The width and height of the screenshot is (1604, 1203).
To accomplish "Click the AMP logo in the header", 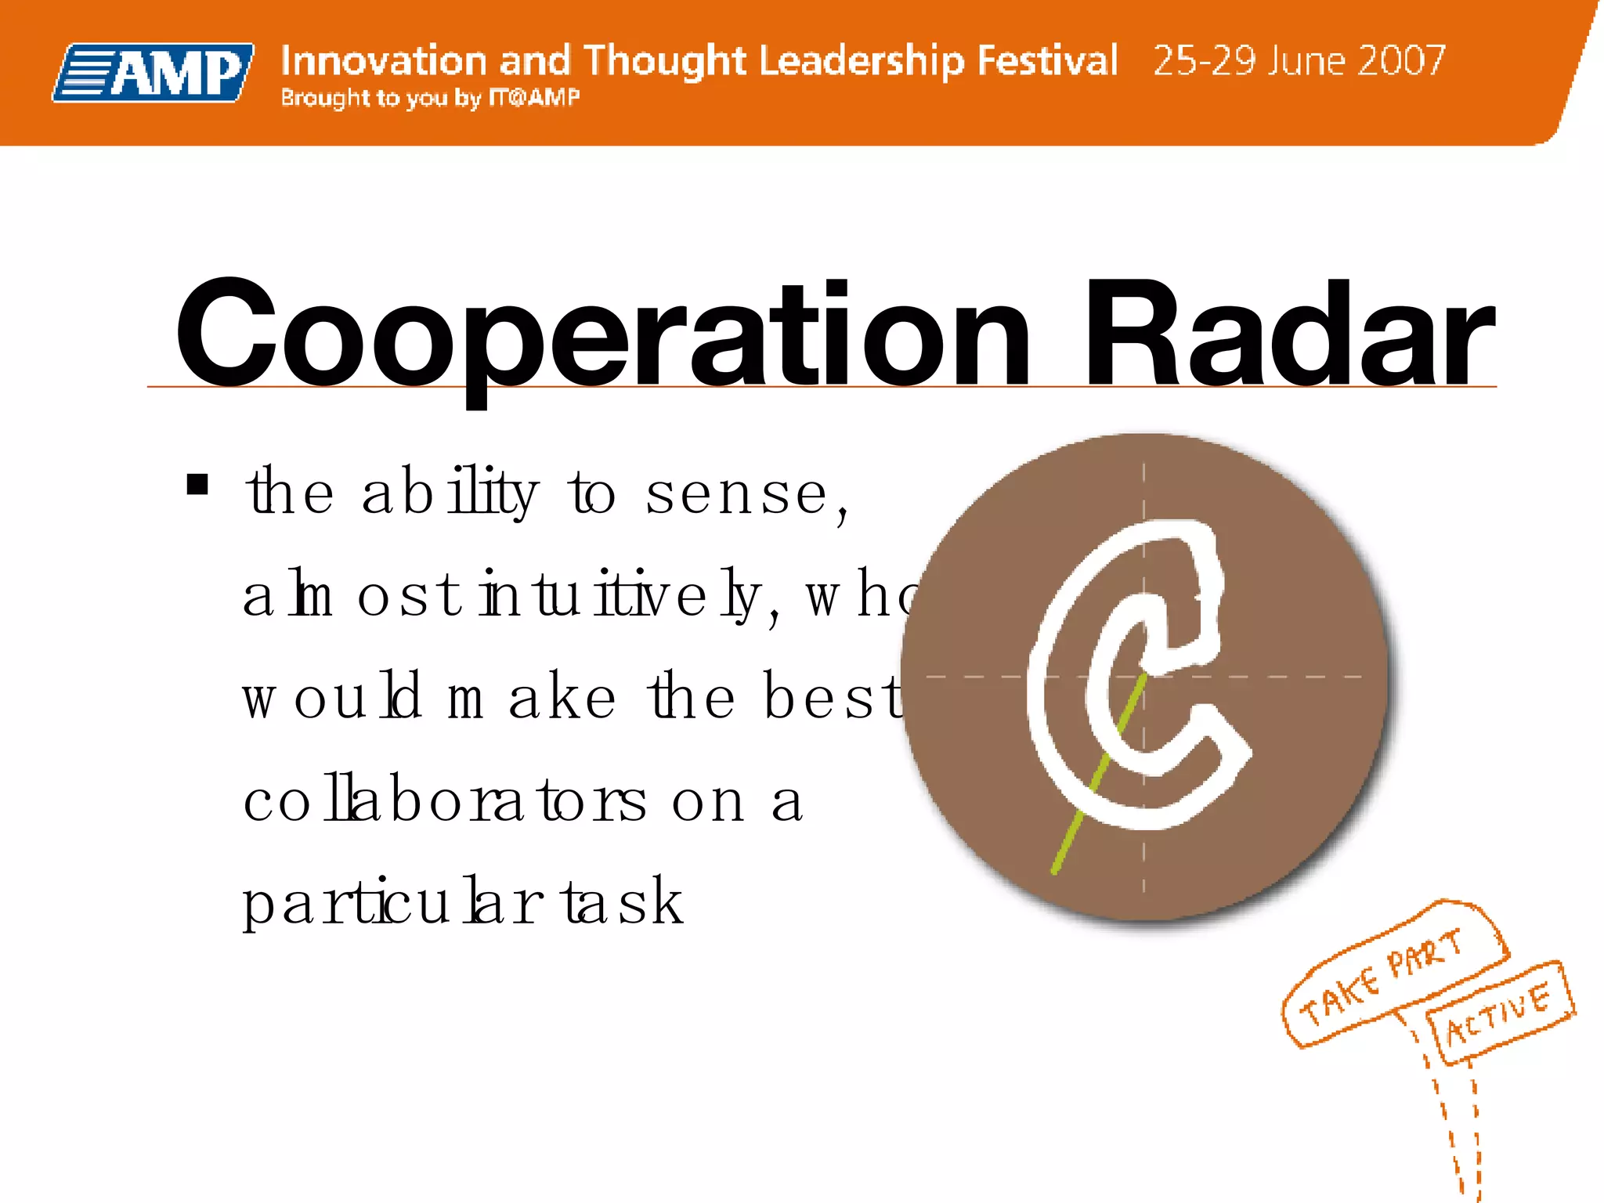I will pyautogui.click(x=154, y=73).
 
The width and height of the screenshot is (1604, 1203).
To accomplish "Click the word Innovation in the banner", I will pyautogui.click(x=383, y=60).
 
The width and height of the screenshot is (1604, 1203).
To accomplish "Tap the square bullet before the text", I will pyautogui.click(x=197, y=485).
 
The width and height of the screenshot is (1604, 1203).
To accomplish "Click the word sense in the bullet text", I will pyautogui.click(x=735, y=495).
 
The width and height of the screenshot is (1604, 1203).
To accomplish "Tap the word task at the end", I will pyautogui.click(x=623, y=902).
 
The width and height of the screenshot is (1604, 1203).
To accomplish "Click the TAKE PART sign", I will pyautogui.click(x=1382, y=975).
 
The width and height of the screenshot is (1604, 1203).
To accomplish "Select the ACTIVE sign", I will pyautogui.click(x=1497, y=1013).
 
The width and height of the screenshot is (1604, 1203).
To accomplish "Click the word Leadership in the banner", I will pyautogui.click(x=862, y=60).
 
